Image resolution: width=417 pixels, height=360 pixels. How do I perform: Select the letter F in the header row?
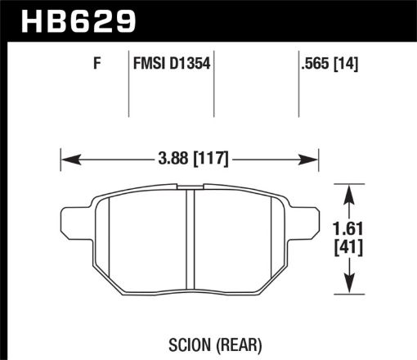(96, 62)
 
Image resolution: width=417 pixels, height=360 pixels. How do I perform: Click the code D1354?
(190, 62)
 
